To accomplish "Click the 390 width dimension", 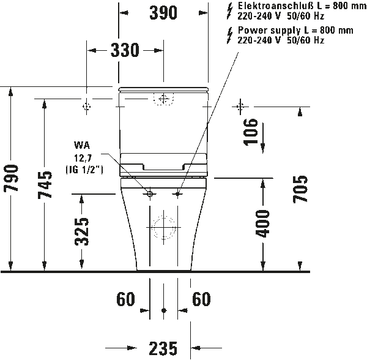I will (163, 12).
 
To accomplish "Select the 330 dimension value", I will (125, 51).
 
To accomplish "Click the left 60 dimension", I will (125, 300).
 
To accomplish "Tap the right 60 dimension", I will (201, 300).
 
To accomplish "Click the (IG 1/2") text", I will (84, 168).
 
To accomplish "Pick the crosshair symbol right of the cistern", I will (240, 107).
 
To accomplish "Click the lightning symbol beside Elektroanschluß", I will (229, 7).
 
